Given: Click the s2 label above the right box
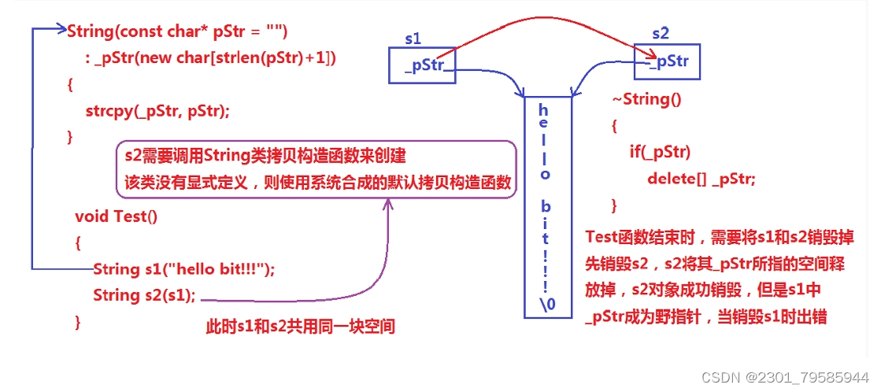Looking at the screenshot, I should click(661, 33).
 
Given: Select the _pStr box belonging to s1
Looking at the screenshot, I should click(423, 65).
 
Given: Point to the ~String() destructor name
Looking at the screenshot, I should click(646, 99).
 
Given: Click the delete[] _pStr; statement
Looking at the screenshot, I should click(701, 179).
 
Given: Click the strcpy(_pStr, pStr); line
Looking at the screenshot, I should click(157, 110).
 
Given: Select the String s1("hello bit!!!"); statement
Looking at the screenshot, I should click(183, 268).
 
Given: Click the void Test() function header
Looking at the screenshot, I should click(116, 216).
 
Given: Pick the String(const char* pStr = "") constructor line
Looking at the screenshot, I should click(178, 31).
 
